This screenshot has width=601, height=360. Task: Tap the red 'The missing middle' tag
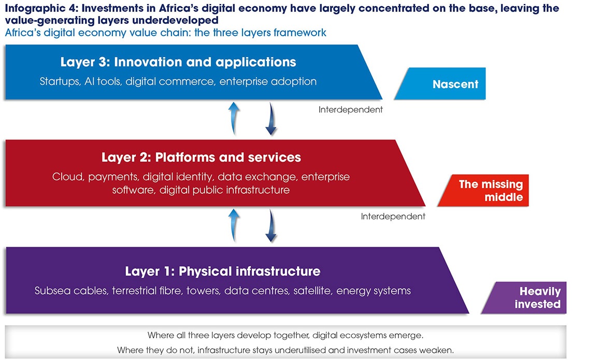pos(483,191)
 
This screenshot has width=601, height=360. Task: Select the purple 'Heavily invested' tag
pos(524,298)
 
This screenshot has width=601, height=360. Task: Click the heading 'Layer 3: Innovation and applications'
pos(178,62)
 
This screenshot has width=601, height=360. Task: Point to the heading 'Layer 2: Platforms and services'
pos(201,157)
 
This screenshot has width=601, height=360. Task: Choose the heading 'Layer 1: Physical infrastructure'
pos(223,271)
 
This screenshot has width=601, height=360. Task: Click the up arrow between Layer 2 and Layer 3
pos(234,119)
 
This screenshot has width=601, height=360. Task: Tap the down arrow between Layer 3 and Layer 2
pos(271,119)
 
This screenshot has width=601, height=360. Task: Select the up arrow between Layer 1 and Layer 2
pos(234,225)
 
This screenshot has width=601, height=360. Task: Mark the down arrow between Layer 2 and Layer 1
pos(271,226)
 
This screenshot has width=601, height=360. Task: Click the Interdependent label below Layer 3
pos(351,110)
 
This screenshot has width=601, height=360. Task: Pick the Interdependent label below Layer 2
pos(393,217)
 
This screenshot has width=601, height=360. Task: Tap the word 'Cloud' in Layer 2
pos(68,177)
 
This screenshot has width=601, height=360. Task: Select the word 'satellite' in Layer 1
pos(312,291)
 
